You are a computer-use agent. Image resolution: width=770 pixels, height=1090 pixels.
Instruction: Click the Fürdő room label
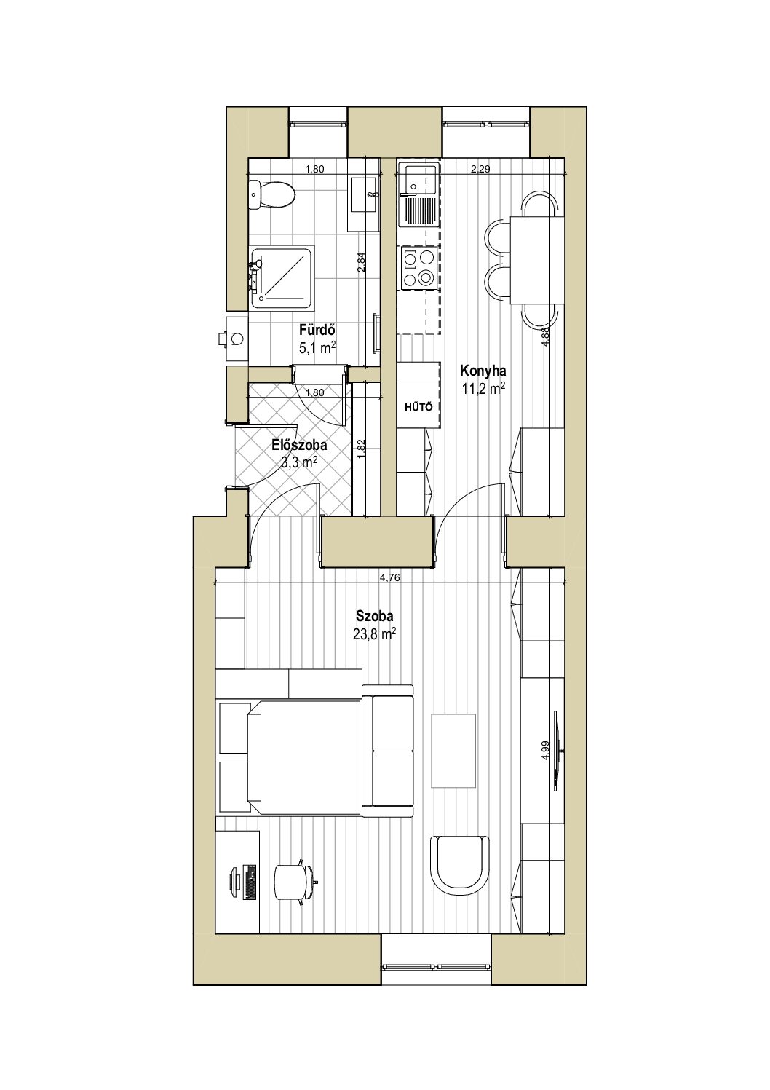tap(317, 330)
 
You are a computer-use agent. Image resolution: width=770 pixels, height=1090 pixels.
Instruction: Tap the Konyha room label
tap(483, 371)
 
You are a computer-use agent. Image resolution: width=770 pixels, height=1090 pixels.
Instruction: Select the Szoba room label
tap(375, 616)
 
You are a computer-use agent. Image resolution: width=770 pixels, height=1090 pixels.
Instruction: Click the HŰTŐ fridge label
tap(418, 407)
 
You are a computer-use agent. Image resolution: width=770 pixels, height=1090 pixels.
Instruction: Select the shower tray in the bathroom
tap(282, 277)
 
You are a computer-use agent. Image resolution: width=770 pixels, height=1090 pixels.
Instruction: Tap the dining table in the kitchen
tap(537, 260)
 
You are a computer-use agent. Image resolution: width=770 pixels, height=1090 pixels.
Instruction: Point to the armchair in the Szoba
tap(460, 865)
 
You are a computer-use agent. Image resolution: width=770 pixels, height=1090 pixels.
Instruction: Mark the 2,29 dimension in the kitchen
tap(480, 170)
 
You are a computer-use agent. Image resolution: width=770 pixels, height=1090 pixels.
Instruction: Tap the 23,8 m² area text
tap(375, 634)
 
